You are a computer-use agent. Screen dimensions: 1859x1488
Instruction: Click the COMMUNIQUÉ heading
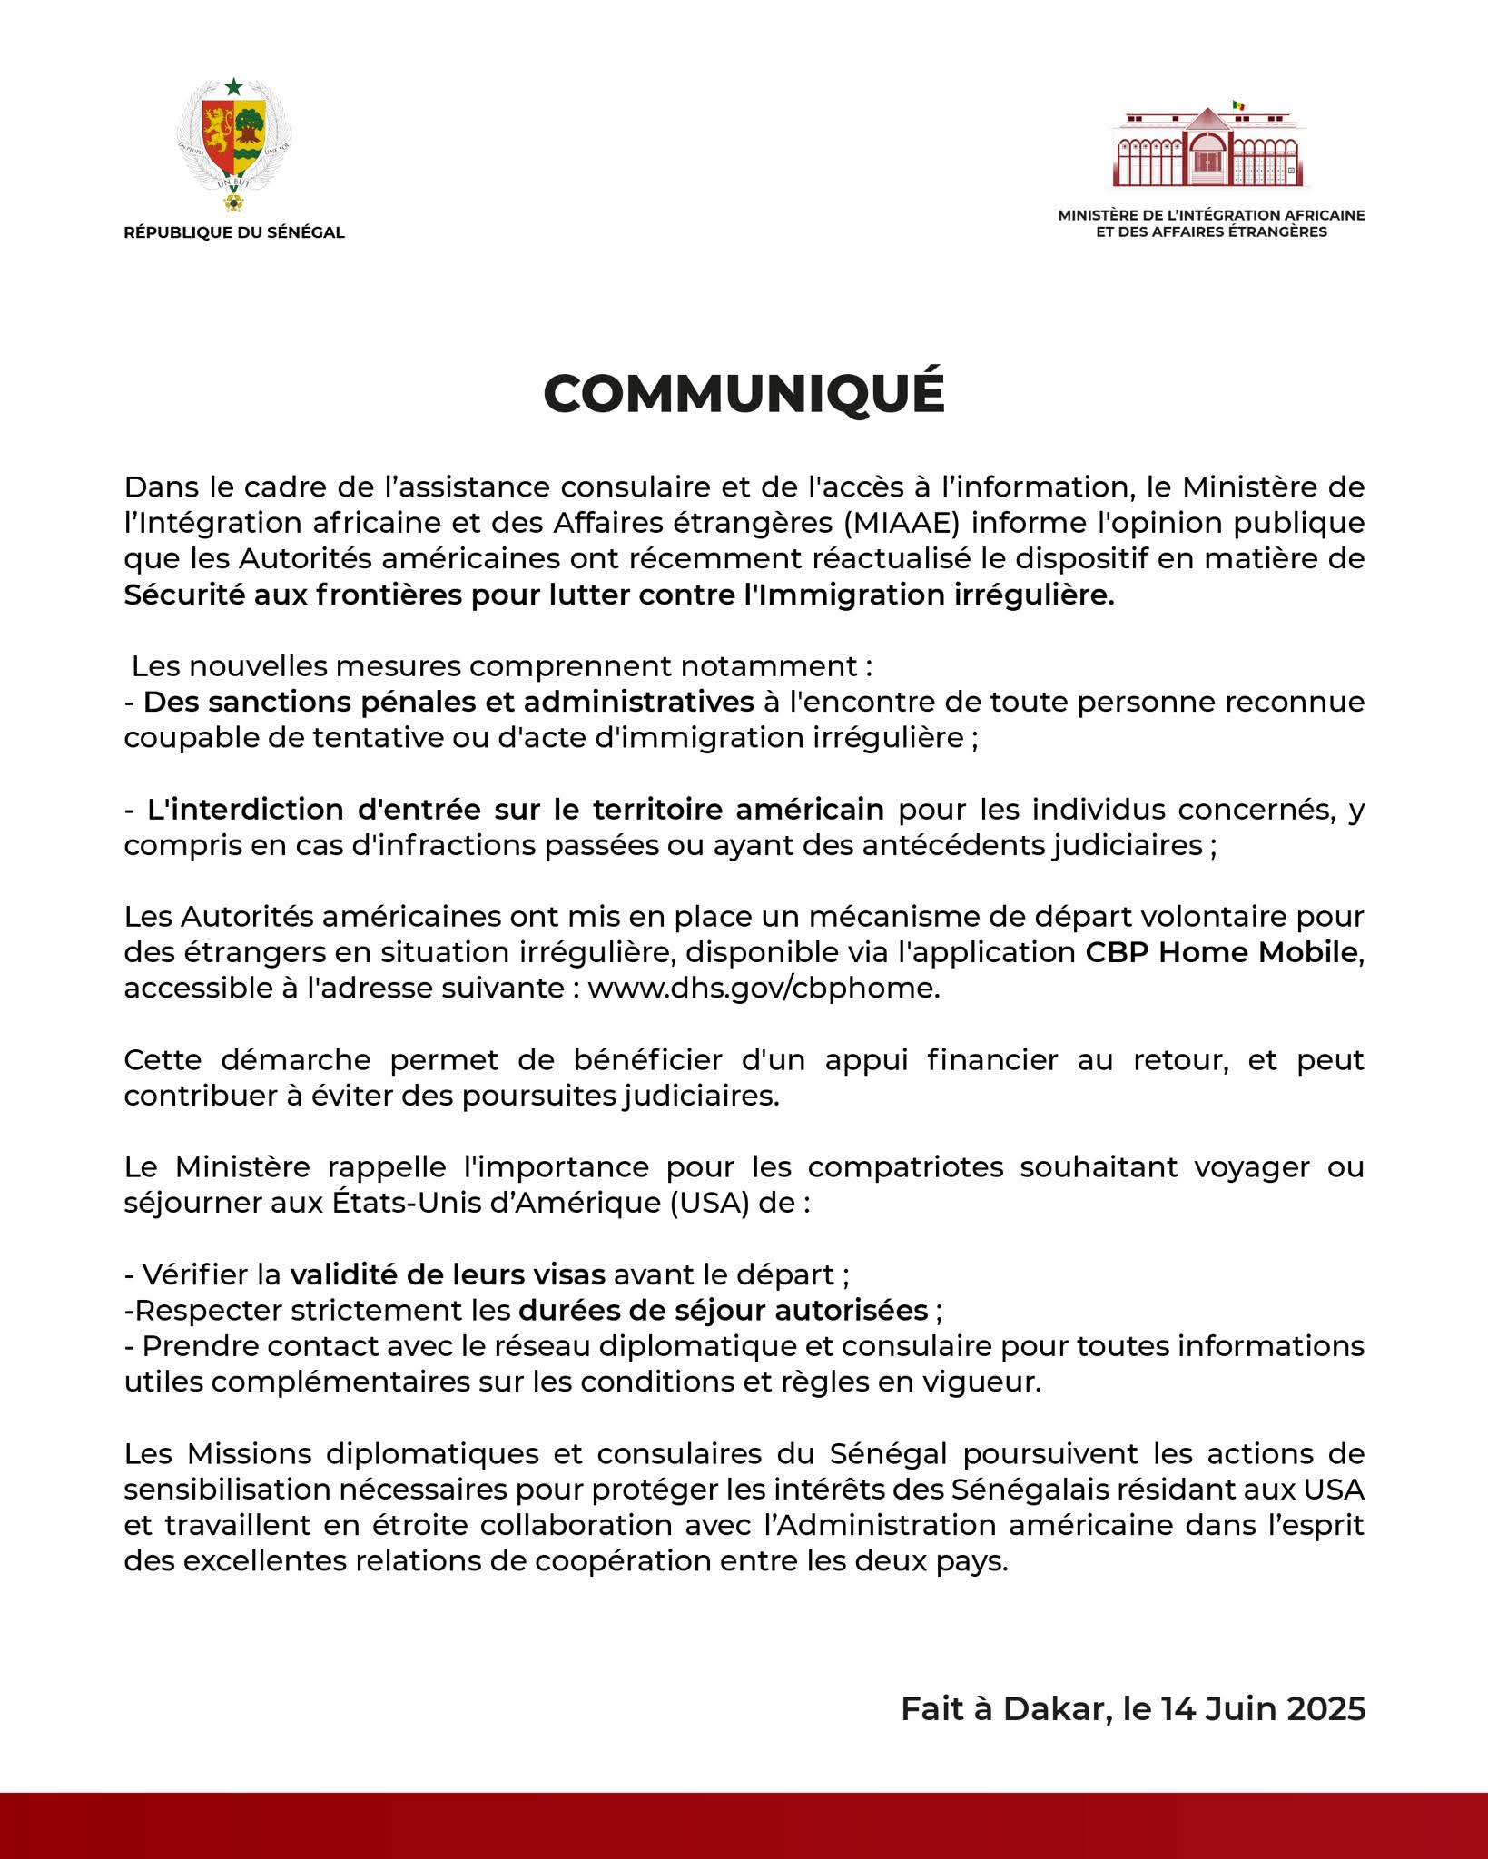(744, 394)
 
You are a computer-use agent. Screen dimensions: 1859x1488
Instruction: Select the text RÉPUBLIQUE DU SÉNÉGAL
(234, 232)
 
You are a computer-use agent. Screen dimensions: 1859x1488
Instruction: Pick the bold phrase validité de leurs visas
(448, 1274)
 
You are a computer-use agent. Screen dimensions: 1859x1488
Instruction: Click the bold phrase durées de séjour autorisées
(723, 1311)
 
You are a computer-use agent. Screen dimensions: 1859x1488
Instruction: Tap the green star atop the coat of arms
(234, 86)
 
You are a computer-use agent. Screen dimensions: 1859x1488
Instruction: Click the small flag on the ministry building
(1238, 106)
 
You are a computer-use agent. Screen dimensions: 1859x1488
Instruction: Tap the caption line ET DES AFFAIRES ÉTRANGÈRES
(1211, 232)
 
